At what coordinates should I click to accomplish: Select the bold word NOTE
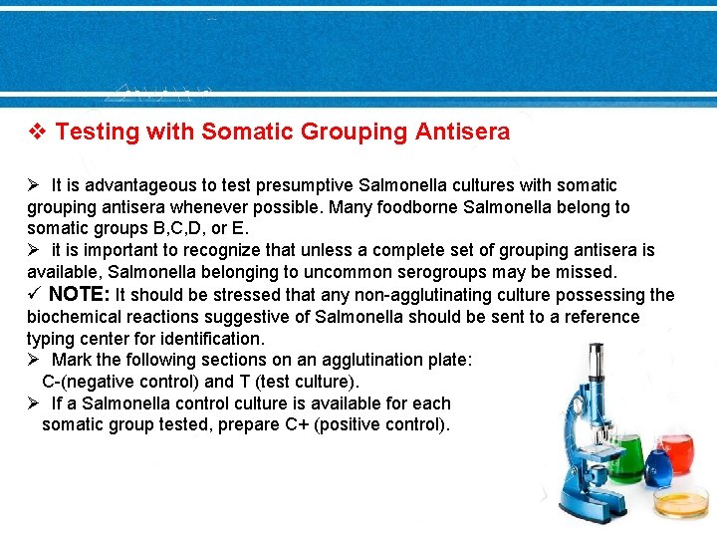[80, 294]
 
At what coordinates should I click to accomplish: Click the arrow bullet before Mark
[33, 360]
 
